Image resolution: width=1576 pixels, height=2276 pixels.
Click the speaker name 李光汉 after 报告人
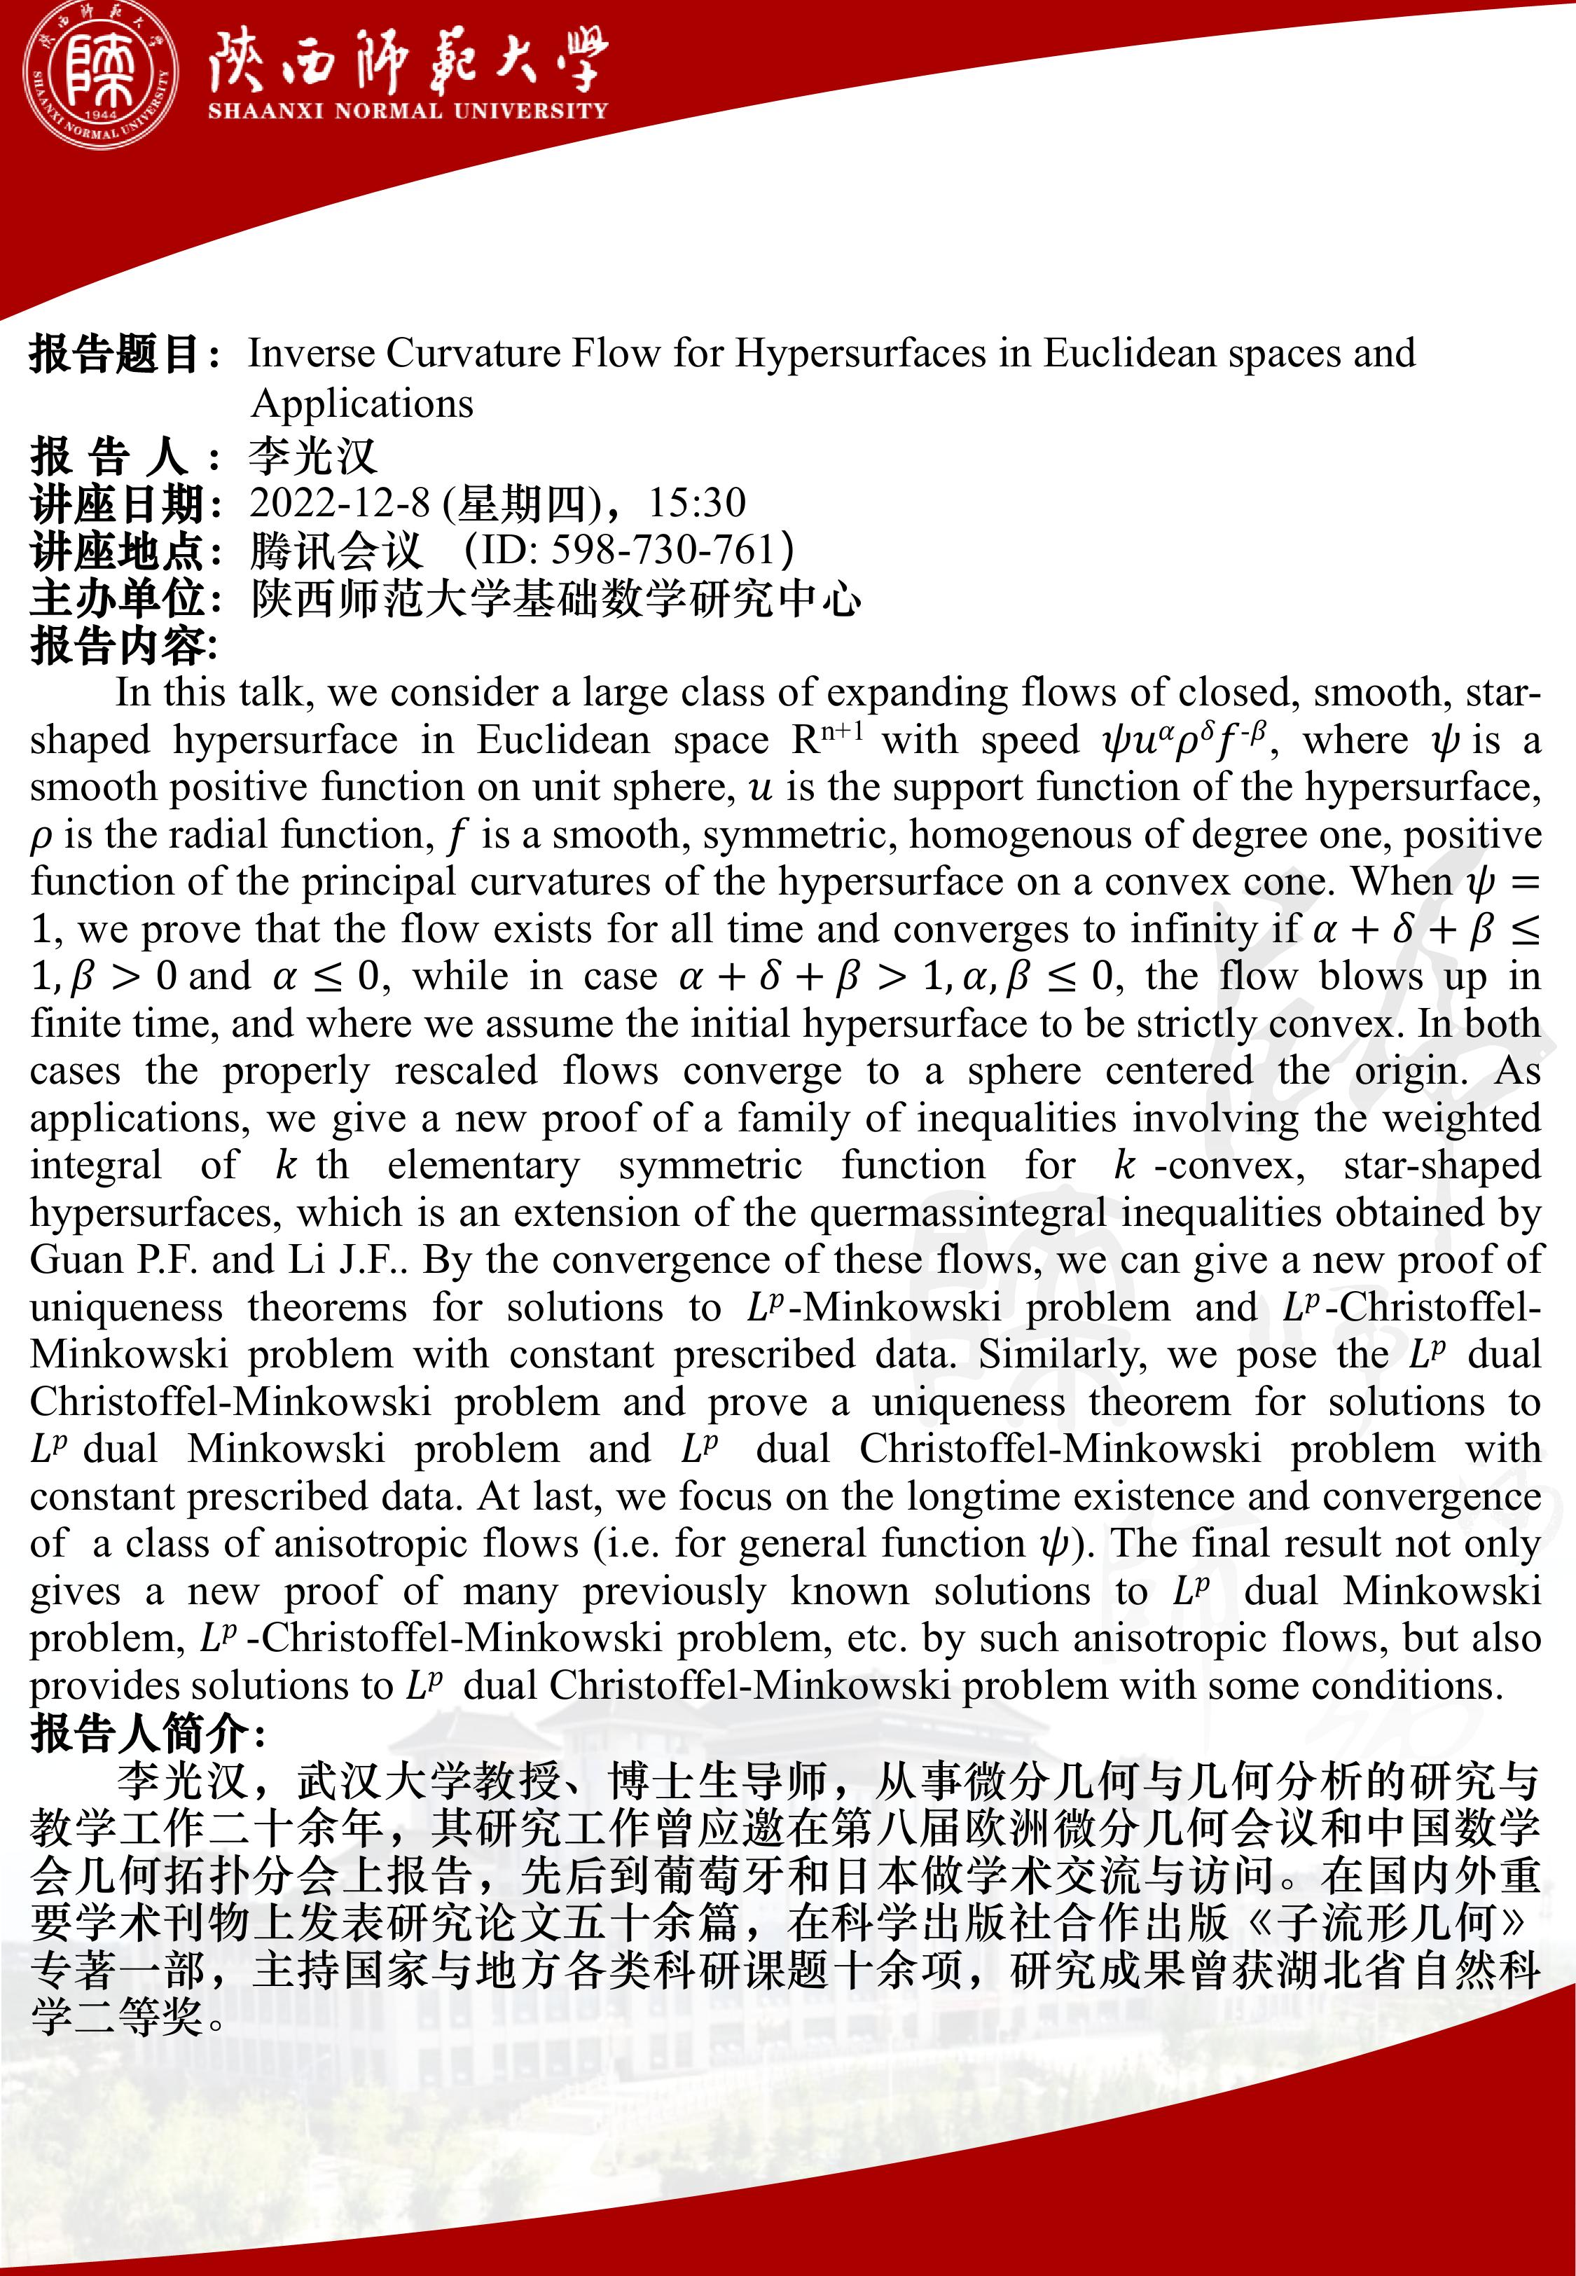313,456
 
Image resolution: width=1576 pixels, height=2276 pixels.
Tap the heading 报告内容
123,646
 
